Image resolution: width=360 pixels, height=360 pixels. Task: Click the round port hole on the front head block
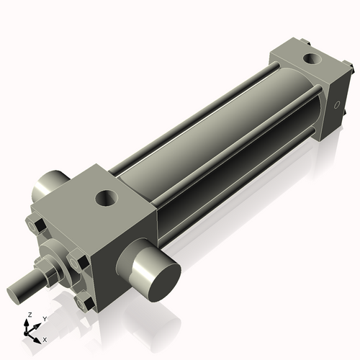(108, 195)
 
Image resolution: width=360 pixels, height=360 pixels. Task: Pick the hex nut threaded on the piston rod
(50, 270)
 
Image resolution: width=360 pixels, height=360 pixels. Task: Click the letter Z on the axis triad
(28, 315)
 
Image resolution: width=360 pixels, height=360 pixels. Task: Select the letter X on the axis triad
(45, 338)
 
